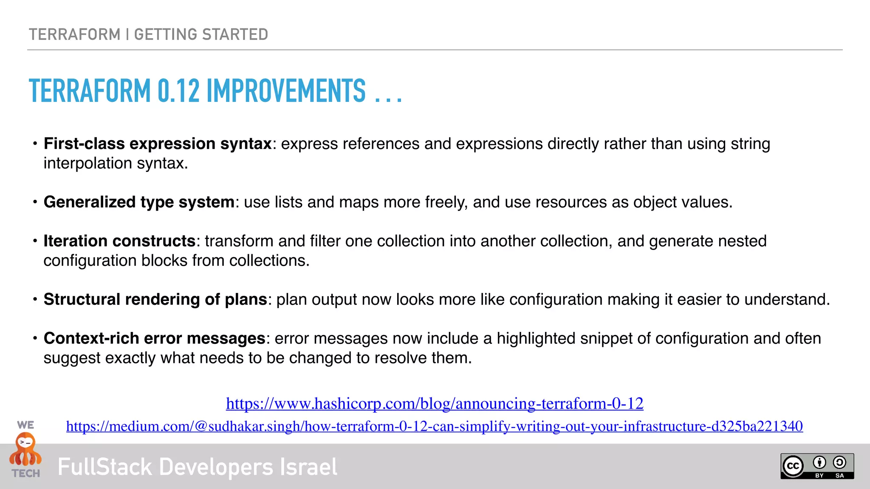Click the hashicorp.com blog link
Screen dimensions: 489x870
click(435, 403)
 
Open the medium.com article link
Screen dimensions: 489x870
click(434, 426)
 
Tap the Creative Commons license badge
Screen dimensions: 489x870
click(817, 466)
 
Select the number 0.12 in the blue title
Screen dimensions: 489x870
click(178, 91)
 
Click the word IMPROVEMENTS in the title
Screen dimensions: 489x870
click(286, 91)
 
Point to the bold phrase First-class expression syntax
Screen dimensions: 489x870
click(158, 144)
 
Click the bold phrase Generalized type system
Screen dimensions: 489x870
click(139, 202)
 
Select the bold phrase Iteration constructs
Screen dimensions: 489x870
click(119, 241)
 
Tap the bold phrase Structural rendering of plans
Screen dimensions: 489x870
click(155, 300)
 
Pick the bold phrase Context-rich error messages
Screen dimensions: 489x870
click(154, 339)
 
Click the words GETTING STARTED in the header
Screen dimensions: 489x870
click(201, 34)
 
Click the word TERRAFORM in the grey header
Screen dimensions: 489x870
click(75, 34)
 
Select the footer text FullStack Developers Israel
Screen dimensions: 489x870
click(197, 467)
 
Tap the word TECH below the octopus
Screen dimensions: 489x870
click(26, 473)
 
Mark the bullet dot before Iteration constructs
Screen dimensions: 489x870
click(35, 241)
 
